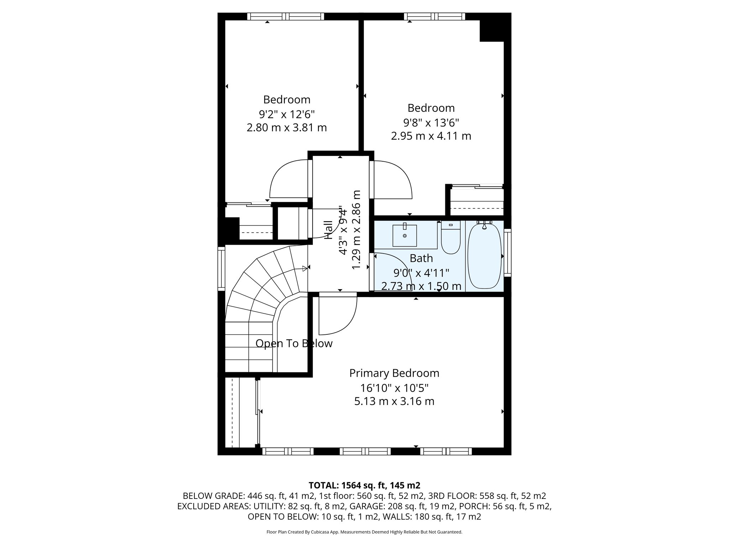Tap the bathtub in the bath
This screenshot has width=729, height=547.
pyautogui.click(x=484, y=256)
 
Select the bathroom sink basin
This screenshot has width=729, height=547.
pyautogui.click(x=405, y=235)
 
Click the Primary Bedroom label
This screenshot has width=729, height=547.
pyautogui.click(x=394, y=373)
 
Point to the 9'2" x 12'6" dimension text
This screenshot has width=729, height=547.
pyautogui.click(x=287, y=114)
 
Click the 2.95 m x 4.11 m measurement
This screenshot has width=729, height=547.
pyautogui.click(x=431, y=136)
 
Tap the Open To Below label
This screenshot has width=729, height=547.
pyautogui.click(x=294, y=344)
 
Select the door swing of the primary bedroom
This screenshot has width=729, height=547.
pyautogui.click(x=336, y=315)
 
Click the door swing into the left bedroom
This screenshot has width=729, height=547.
pyautogui.click(x=288, y=180)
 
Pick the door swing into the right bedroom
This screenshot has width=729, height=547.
pyautogui.click(x=392, y=180)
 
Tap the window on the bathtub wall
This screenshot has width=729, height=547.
pyautogui.click(x=508, y=253)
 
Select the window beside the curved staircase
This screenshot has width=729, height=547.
pyautogui.click(x=221, y=269)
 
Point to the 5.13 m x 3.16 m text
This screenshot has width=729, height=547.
pyautogui.click(x=394, y=401)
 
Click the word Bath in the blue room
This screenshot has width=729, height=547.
pyautogui.click(x=421, y=258)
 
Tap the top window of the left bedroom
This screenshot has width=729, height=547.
pyautogui.click(x=285, y=16)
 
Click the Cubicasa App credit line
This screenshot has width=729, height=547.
pyautogui.click(x=364, y=532)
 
